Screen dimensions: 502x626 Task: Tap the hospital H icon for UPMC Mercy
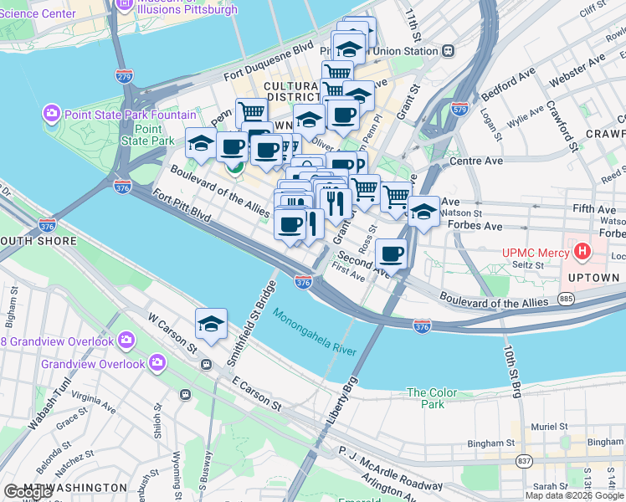coord(582,251)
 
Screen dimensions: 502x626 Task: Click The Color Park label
coord(432,398)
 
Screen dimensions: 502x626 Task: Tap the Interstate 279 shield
coord(124,76)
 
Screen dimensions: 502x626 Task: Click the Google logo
coord(28,492)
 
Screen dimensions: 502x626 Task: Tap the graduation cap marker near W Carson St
coord(212,324)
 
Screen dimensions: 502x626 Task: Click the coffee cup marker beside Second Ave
coord(391,253)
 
